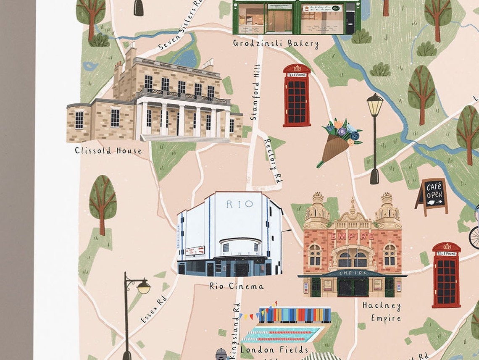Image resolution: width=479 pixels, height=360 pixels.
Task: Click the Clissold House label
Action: point(108,150)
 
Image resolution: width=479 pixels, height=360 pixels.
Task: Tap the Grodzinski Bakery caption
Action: point(276,43)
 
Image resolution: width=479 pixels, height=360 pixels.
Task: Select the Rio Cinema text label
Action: point(237,286)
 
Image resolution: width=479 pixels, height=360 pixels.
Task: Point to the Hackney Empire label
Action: point(382,312)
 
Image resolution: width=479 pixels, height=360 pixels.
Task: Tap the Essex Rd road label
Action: point(154,309)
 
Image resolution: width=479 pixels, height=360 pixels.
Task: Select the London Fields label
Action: point(275,349)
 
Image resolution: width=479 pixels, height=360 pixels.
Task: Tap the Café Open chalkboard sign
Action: point(432,196)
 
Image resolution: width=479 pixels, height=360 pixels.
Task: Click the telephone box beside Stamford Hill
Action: point(297,95)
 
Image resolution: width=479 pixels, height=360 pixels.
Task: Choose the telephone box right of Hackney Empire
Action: point(446,275)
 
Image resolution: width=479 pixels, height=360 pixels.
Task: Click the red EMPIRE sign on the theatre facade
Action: point(352,236)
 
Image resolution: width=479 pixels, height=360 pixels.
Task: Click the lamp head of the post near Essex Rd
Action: point(143,287)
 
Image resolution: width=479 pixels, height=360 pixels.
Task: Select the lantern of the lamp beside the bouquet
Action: point(374,105)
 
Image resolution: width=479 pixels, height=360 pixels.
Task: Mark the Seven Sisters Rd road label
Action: point(178,26)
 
